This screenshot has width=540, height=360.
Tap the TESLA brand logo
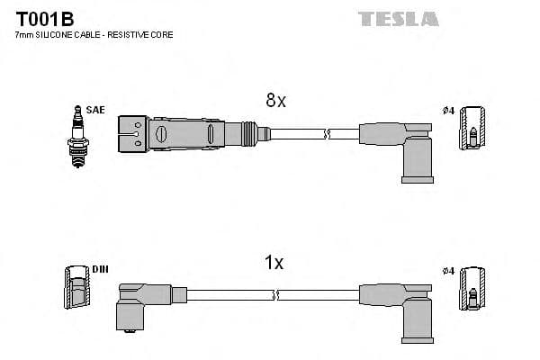[x=398, y=18]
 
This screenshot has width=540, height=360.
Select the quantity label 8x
[x=275, y=102]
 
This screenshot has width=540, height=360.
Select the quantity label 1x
[x=274, y=263]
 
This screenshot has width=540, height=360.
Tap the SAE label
[x=95, y=110]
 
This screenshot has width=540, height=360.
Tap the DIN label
[x=98, y=269]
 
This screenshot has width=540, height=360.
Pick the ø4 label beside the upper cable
[x=448, y=111]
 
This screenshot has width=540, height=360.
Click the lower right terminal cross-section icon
[x=472, y=292]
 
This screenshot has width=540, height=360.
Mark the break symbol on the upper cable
[x=327, y=134]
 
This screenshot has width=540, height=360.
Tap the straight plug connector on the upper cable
[x=192, y=134]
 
